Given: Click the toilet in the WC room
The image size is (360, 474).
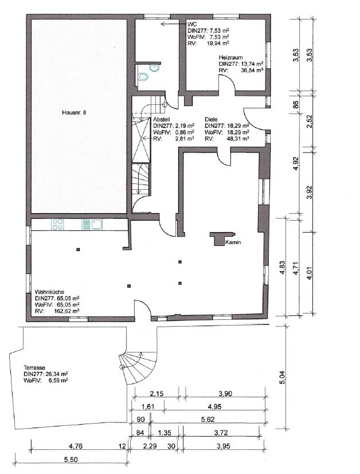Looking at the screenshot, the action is pyautogui.click(x=143, y=77).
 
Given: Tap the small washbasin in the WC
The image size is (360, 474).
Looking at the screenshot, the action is pyautogui.click(x=154, y=68).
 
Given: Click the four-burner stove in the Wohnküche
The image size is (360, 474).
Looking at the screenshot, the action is pyautogui.click(x=57, y=225).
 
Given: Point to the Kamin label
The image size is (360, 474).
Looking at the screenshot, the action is pyautogui.click(x=233, y=242).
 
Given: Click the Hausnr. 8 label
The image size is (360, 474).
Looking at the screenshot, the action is pyautogui.click(x=74, y=112).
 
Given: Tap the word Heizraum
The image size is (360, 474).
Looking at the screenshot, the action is pyautogui.click(x=231, y=57).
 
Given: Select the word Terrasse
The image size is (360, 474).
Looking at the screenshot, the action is pyautogui.click(x=34, y=367).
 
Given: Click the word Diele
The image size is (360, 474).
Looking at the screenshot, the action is pyautogui.click(x=211, y=119).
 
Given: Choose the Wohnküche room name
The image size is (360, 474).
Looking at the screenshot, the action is pyautogui.click(x=49, y=292).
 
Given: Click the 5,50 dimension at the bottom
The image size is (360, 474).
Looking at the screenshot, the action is pyautogui.click(x=71, y=460).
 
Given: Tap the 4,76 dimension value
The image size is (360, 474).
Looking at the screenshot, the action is pyautogui.click(x=76, y=446).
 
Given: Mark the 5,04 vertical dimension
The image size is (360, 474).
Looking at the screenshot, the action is pyautogui.click(x=281, y=378).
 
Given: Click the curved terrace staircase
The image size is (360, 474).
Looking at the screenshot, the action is pyautogui.click(x=139, y=367).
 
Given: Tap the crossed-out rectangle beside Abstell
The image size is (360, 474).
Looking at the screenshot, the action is pyautogui.click(x=142, y=140).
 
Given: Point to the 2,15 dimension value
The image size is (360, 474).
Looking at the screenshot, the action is pyautogui.click(x=156, y=394).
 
